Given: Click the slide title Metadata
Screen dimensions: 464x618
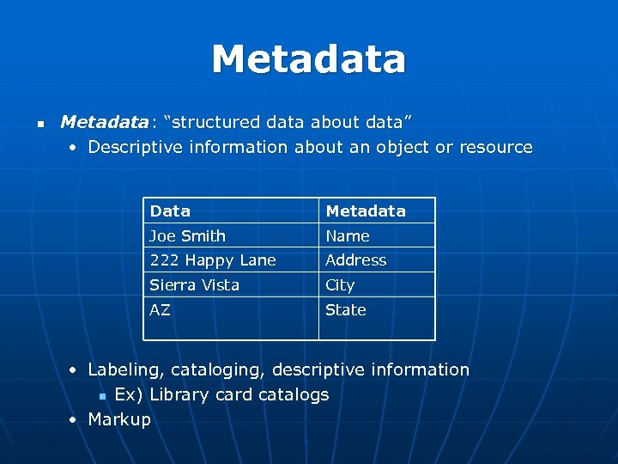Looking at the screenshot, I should (x=308, y=59).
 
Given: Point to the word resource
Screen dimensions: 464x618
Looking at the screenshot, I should (x=496, y=147).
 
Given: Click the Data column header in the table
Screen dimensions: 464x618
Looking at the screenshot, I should (x=170, y=211).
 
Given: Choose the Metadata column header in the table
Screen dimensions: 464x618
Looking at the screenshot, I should (x=365, y=211).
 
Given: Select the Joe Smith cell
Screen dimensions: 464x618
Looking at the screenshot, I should (x=187, y=235).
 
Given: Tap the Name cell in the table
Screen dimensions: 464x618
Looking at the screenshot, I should (x=347, y=235).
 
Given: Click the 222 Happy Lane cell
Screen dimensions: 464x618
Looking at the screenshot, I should (x=213, y=259).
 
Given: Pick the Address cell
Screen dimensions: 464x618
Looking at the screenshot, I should (x=355, y=259).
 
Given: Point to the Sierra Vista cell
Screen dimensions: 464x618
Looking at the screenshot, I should (x=194, y=284).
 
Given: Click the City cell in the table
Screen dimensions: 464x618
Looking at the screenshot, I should (x=339, y=284).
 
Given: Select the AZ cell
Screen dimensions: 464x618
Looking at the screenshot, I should (x=160, y=309).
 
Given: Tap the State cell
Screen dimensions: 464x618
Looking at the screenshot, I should (x=345, y=309).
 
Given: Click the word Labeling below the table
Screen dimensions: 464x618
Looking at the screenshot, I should (x=126, y=369).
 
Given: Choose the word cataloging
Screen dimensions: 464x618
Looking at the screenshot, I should (x=218, y=369).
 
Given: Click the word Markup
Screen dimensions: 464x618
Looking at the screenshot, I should (x=119, y=419).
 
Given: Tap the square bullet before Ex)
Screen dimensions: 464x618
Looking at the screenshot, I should (x=102, y=396).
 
